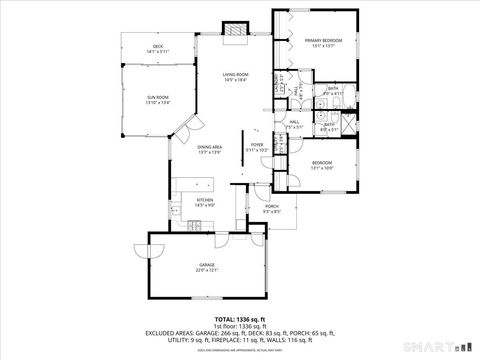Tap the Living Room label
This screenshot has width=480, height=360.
[x=236, y=76]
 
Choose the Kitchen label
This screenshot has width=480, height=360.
[x=205, y=201]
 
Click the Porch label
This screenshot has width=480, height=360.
[x=272, y=208]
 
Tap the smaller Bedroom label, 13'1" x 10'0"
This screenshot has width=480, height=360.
[x=321, y=165]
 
